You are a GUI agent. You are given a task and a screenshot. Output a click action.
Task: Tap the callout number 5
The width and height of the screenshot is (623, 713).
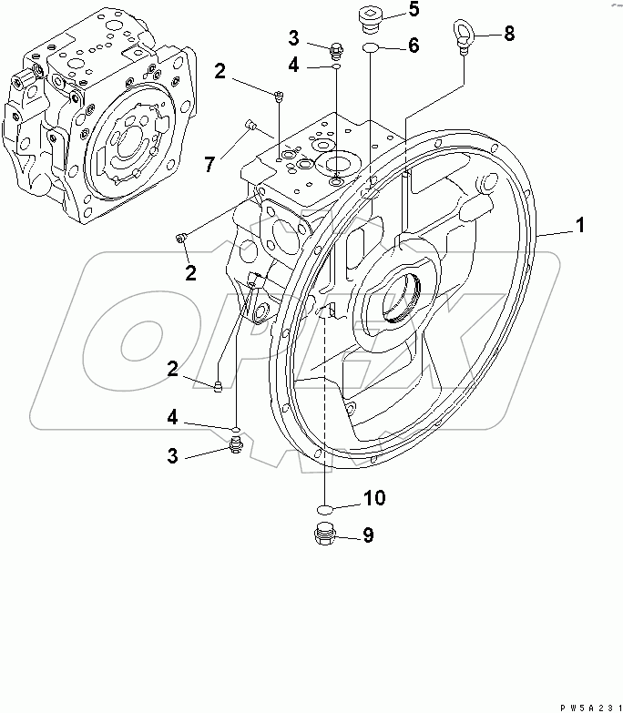[x=413, y=10]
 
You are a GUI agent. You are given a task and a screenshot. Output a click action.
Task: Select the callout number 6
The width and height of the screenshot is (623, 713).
[x=413, y=46]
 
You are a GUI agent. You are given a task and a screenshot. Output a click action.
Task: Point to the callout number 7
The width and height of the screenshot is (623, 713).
[x=209, y=164]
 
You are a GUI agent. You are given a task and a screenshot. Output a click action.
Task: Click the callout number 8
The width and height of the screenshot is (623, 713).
[x=508, y=35]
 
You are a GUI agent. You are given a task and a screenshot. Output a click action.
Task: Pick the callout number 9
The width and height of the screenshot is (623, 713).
[x=367, y=535]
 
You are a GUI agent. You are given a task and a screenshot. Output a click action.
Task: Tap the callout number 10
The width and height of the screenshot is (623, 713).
[x=374, y=498]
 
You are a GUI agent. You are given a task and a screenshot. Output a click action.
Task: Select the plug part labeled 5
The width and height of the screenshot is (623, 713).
[x=370, y=16]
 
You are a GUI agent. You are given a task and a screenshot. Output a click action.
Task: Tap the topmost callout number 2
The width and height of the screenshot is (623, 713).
[x=220, y=70]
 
